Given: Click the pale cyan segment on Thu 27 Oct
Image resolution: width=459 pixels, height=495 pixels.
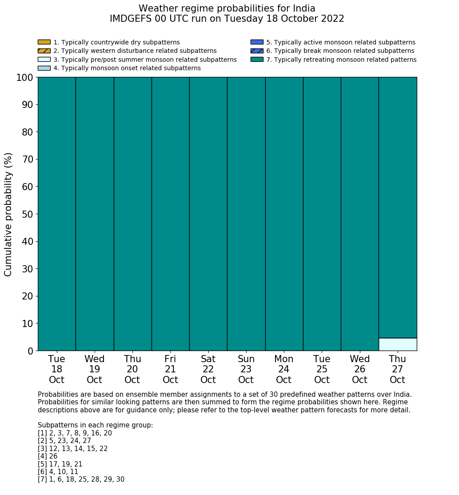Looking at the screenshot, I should point(397,344).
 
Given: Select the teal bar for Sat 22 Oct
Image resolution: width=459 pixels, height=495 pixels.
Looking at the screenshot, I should point(208,213).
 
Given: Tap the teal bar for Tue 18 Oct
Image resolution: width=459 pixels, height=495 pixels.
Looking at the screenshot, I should point(56,213).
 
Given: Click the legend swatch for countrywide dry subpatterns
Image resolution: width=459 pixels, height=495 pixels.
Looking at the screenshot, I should point(44,42).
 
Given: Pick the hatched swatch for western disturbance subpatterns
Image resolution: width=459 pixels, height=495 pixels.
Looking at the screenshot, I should point(44,51).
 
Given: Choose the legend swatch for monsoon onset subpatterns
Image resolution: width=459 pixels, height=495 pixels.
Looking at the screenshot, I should point(44,68).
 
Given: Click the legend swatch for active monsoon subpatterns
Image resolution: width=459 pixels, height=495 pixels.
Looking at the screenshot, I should point(257,42).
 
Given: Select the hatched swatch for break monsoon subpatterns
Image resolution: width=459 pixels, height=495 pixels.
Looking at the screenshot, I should point(257,51).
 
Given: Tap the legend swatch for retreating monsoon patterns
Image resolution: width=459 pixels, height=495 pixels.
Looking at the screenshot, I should point(257,60).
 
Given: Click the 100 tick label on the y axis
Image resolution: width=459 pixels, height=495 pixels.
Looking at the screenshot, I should point(25,78).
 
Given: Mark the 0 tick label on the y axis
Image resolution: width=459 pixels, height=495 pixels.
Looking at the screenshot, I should point(30,351).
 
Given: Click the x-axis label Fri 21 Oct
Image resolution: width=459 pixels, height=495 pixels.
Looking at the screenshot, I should point(170,369).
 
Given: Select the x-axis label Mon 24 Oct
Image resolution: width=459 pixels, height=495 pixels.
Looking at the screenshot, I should point(284,369).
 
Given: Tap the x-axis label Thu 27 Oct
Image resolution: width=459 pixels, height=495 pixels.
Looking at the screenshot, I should point(397,369).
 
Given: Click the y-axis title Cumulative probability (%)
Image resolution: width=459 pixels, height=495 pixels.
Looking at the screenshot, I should point(8,214).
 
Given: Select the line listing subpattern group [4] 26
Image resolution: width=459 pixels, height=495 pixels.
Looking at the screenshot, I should point(48,456).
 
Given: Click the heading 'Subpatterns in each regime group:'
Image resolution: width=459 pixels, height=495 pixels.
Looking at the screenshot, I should point(95,425).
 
